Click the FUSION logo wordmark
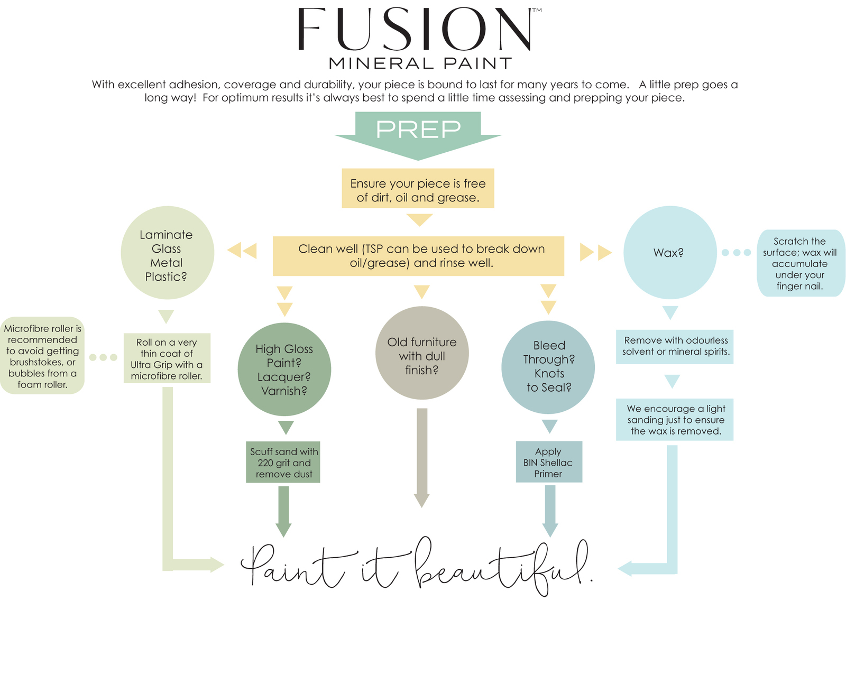(x=418, y=30)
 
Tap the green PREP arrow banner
(x=418, y=132)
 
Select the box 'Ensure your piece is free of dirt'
(x=418, y=189)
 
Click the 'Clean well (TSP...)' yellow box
(x=418, y=256)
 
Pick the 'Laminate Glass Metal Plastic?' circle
(x=167, y=253)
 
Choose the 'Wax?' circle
(x=669, y=253)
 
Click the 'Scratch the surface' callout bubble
(x=799, y=263)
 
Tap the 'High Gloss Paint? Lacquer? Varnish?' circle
(x=284, y=370)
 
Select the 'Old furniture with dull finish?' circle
(x=421, y=353)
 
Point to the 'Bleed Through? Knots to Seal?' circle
(x=548, y=367)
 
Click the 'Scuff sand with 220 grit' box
(x=283, y=462)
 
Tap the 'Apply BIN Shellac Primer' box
(x=548, y=462)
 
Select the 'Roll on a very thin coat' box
(x=167, y=358)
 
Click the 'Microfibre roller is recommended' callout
(x=42, y=356)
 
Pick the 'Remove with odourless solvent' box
(x=675, y=346)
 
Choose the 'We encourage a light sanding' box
(x=675, y=419)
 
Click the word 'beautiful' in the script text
(x=502, y=568)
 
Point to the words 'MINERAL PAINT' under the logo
(x=420, y=64)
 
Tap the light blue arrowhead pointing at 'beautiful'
(x=625, y=569)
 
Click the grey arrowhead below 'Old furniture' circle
(x=421, y=500)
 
